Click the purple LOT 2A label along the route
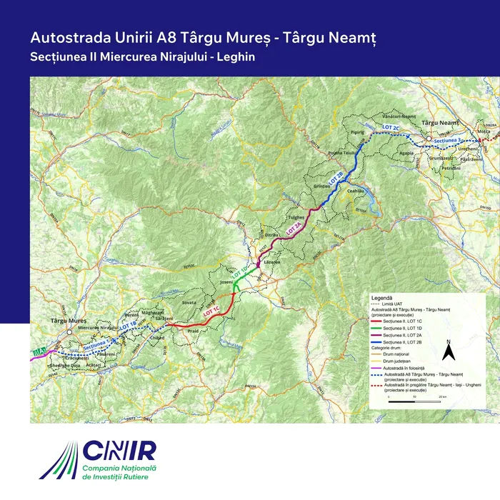coord(294,228)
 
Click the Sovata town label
coord(189,303)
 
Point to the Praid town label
coord(192,331)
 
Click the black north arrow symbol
coord(448,351)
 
